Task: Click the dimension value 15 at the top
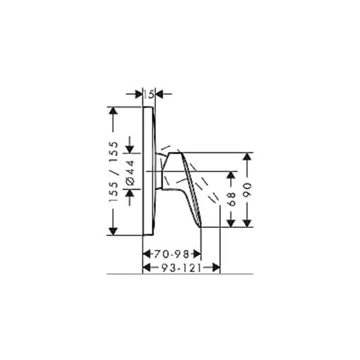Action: tap(149, 94)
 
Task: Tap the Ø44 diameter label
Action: tap(130, 172)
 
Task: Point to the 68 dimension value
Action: tap(232, 199)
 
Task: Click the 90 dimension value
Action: tap(247, 190)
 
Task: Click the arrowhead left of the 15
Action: tap(138, 94)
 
